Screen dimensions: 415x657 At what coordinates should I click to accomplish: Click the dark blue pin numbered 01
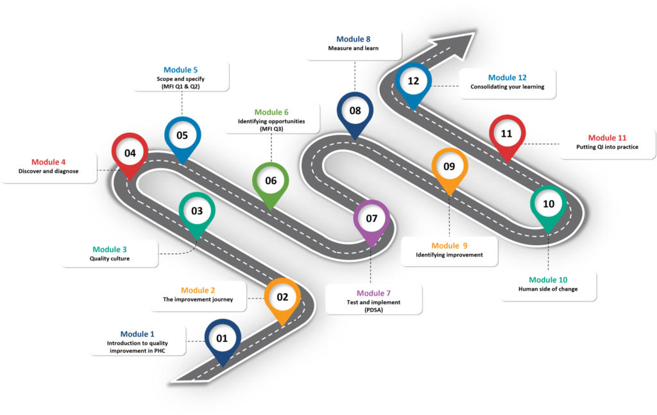222,338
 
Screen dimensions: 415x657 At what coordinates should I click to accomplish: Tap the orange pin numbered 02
282,297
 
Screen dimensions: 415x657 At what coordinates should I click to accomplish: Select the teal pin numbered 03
197,210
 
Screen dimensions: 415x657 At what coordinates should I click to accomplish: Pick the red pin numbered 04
130,153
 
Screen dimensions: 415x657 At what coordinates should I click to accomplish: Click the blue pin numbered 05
182,135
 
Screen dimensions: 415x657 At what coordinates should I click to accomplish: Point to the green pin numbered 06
271,181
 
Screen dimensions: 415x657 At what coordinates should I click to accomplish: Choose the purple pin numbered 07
371,218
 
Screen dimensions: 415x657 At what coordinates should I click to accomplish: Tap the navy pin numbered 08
355,110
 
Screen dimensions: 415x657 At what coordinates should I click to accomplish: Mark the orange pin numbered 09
449,166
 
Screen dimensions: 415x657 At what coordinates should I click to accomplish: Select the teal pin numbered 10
549,204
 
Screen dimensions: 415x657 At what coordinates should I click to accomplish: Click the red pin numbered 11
507,134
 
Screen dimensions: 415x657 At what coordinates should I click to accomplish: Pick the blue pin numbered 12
413,81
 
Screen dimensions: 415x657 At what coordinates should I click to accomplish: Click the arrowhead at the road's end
461,44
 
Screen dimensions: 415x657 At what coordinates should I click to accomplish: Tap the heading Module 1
137,334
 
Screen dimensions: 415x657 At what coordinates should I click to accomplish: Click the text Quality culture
110,259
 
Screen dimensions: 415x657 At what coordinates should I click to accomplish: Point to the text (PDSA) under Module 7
373,310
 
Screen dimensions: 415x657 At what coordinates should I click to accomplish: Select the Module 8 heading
354,39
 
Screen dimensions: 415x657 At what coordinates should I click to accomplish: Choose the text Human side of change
548,289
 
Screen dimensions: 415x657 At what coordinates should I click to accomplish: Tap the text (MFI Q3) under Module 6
271,129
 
